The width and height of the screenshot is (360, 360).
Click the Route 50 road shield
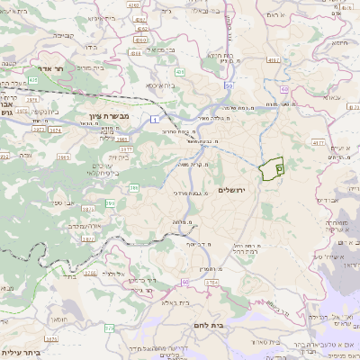tap(230, 85)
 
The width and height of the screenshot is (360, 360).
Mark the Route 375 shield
tap(110, 328)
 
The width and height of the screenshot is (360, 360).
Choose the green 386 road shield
tap(134, 187)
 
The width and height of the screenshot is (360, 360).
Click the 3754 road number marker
tap(211, 283)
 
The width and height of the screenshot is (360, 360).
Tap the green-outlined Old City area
tap(271, 168)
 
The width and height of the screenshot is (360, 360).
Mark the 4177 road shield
tap(319, 142)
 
